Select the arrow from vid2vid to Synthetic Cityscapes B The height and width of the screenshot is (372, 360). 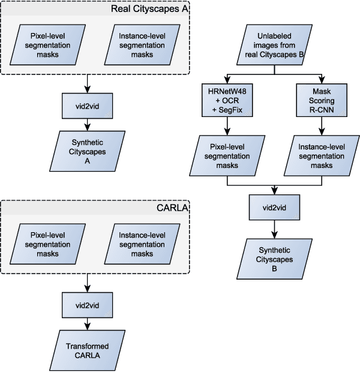click(x=274, y=228)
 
